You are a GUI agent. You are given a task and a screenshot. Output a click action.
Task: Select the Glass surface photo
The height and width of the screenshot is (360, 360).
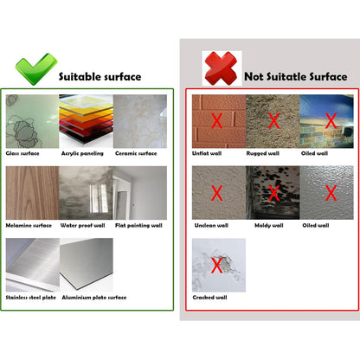point(30,121)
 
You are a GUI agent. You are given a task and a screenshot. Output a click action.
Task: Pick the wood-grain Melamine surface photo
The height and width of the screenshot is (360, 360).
point(30,193)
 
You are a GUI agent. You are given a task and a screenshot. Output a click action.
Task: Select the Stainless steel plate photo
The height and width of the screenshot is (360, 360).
point(30,265)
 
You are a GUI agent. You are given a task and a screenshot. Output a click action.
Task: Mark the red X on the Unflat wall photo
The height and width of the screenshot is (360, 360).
point(218,121)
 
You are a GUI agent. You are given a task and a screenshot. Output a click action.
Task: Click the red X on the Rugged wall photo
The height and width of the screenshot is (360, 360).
point(273,121)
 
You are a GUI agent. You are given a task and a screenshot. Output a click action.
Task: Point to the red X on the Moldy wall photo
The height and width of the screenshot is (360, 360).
point(273,192)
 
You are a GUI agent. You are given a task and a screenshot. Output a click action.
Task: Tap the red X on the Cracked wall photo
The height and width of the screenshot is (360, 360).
point(218,264)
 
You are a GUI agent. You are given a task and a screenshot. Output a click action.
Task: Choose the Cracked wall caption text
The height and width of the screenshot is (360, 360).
point(211,298)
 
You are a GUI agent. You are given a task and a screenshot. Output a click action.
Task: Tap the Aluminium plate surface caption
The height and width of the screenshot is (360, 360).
point(93,298)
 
